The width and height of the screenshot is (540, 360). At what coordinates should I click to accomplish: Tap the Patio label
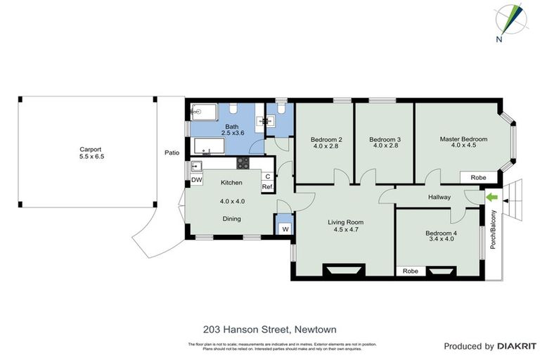[x=172, y=153]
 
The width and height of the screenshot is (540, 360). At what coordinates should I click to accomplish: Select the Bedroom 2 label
[x=326, y=139]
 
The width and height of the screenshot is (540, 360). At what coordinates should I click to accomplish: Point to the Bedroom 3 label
[x=385, y=139]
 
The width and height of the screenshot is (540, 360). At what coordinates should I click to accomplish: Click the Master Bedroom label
[x=463, y=139]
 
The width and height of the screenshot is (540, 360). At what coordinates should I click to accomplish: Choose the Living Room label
[x=345, y=223]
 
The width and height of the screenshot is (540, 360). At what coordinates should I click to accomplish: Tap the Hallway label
[x=439, y=198]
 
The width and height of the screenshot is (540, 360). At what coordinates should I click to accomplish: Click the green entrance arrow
[x=491, y=198]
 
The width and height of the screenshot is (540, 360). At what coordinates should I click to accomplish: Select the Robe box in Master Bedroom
[x=478, y=178]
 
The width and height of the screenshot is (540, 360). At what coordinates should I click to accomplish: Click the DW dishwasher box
[x=197, y=180]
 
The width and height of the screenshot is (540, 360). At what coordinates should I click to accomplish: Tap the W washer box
[x=285, y=229]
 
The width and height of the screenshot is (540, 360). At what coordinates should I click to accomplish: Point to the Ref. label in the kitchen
[x=267, y=187]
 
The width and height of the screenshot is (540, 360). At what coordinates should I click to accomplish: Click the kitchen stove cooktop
[x=243, y=163]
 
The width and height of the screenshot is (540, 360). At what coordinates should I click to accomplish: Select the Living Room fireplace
[x=344, y=270]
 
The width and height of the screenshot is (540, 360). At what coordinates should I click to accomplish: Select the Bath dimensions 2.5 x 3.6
[x=232, y=133]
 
